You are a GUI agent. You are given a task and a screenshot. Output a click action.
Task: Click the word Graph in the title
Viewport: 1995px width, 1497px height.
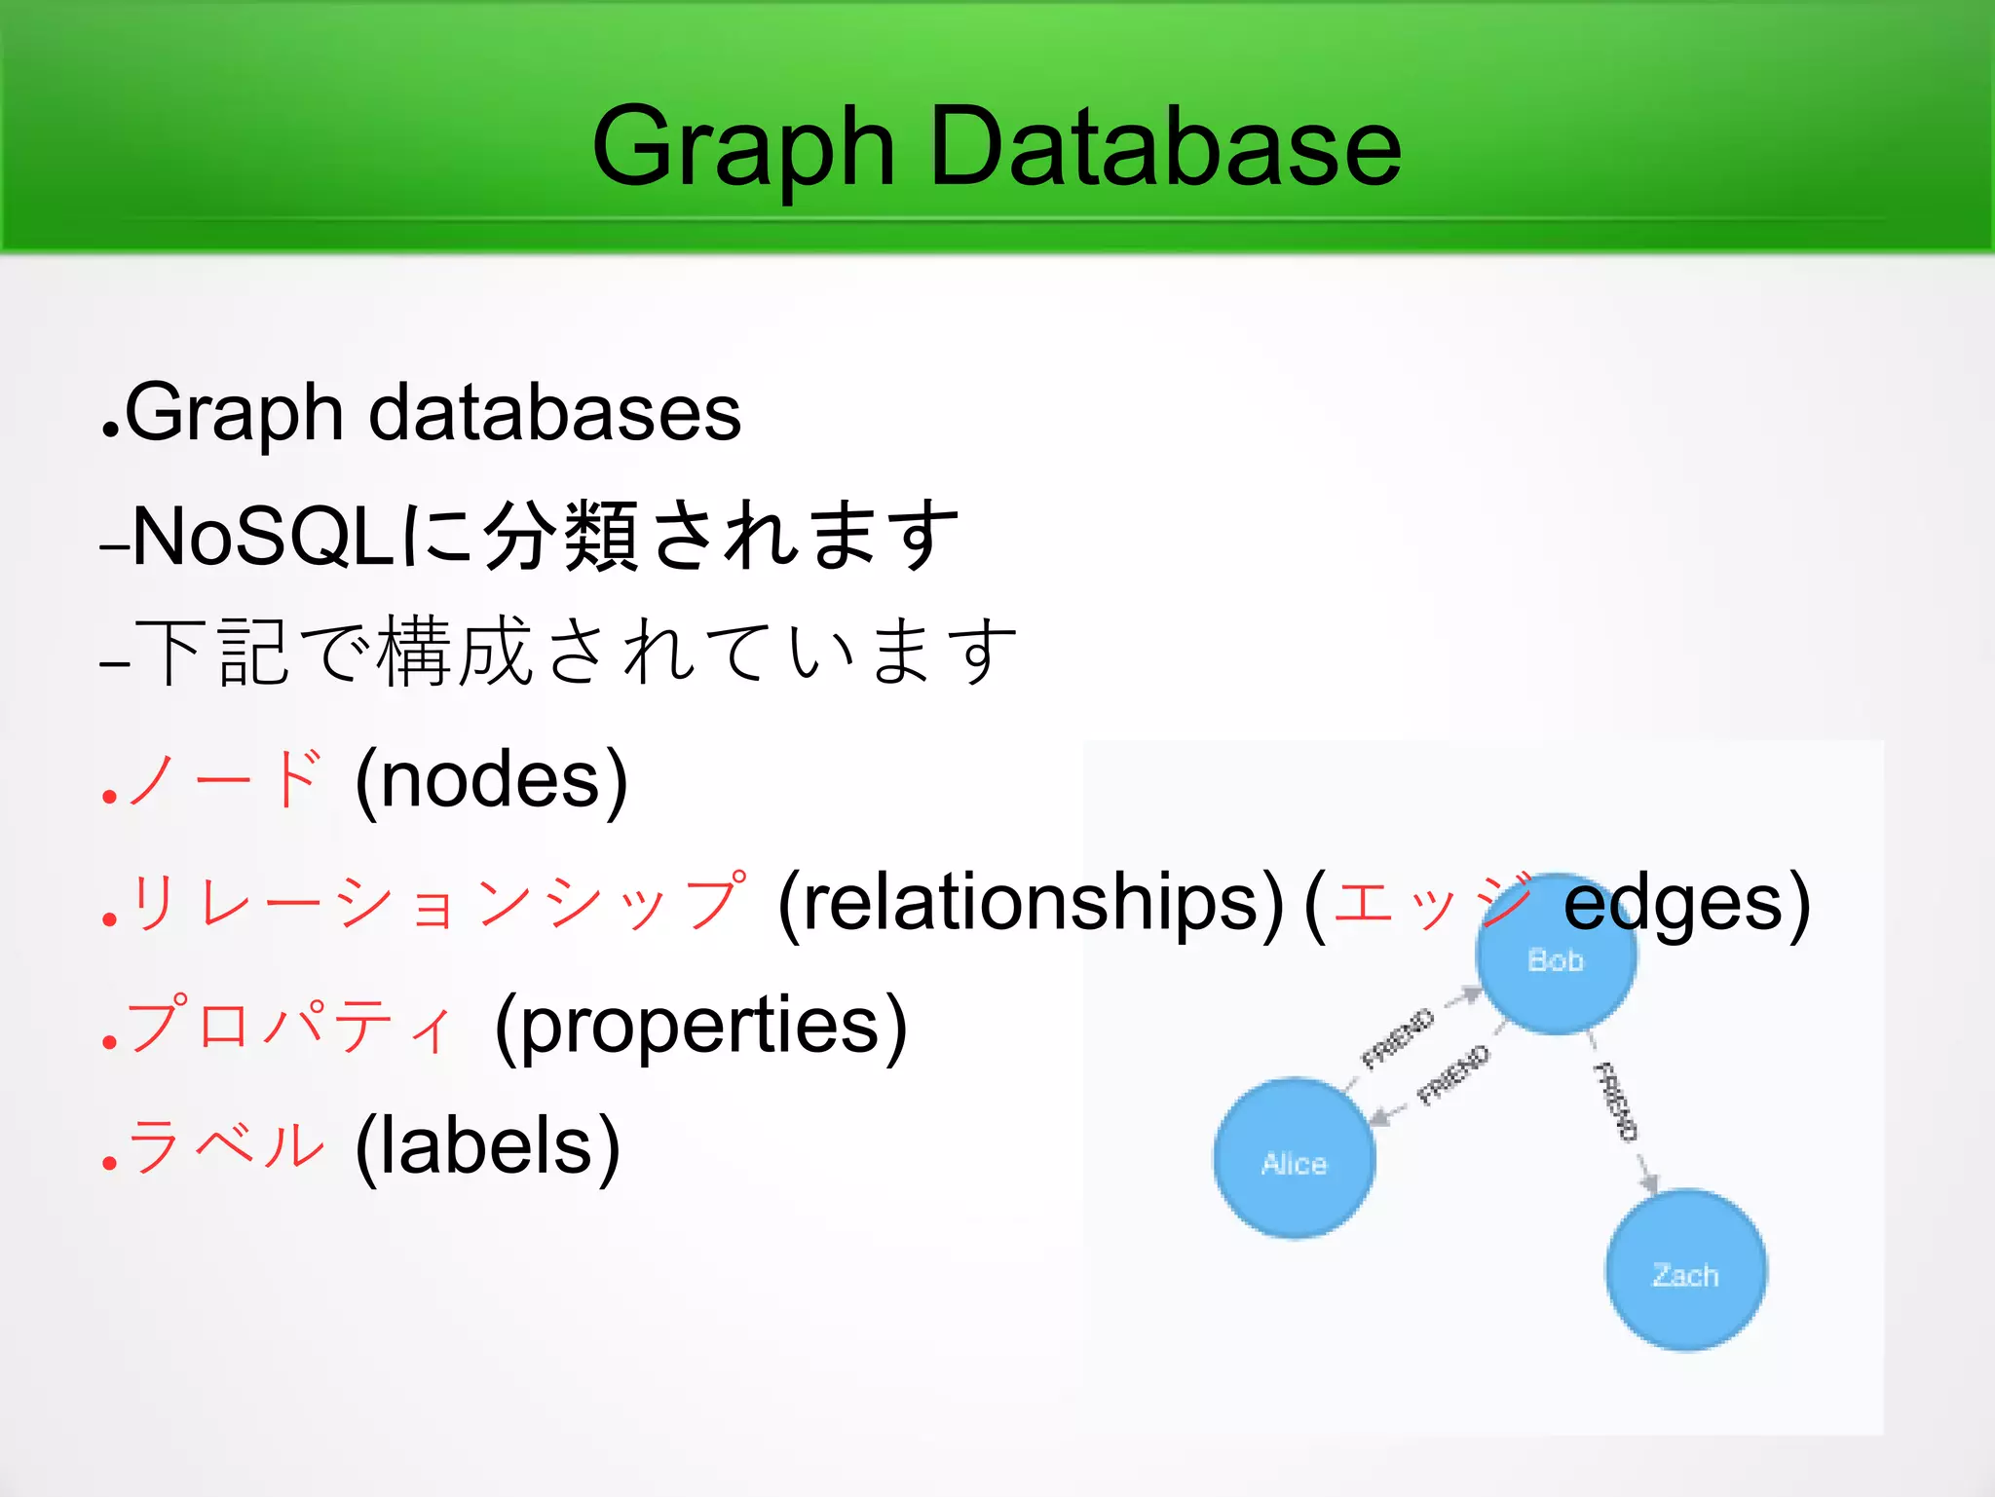pos(742,148)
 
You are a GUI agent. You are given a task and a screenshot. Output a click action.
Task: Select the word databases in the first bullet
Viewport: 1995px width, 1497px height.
pos(554,413)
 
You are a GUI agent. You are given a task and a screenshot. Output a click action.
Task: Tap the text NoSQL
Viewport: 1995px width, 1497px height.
pos(263,536)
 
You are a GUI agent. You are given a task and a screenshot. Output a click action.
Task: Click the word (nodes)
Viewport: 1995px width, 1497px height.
pos(491,781)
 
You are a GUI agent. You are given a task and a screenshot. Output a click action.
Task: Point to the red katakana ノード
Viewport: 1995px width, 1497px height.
pos(225,779)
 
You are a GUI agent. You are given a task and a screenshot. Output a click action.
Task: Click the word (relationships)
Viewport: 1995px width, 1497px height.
pos(1031,904)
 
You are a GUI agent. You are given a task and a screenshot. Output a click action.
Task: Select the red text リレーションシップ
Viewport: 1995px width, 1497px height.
pos(438,904)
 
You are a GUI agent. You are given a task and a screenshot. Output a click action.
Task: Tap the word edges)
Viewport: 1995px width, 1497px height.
pos(1686,904)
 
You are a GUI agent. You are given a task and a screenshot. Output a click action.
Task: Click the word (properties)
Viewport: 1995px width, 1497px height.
pos(700,1027)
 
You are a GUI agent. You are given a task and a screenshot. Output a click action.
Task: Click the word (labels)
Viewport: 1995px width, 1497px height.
pos(487,1147)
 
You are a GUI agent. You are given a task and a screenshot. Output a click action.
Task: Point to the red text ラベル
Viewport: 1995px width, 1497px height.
pos(225,1147)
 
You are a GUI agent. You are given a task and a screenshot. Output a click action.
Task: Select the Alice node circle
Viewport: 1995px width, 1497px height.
pos(1294,1159)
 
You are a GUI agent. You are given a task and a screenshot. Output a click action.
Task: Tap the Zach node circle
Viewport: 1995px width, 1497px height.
pos(1685,1270)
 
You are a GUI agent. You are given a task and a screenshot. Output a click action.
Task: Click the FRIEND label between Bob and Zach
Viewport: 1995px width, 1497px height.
pos(1615,1102)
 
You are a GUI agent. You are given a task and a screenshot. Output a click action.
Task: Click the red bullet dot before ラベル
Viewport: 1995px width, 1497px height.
pos(109,1163)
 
